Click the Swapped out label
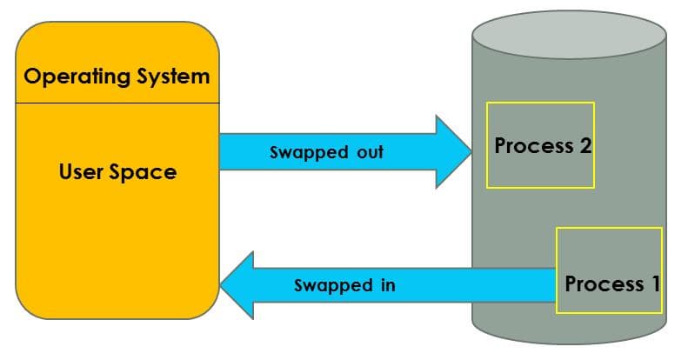click(x=326, y=152)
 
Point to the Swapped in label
click(x=345, y=285)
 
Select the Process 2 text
click(x=543, y=145)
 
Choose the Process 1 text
click(x=612, y=283)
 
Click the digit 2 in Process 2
click(x=584, y=145)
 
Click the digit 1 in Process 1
click(x=654, y=283)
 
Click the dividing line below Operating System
click(x=117, y=103)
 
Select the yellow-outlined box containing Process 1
click(x=609, y=252)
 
